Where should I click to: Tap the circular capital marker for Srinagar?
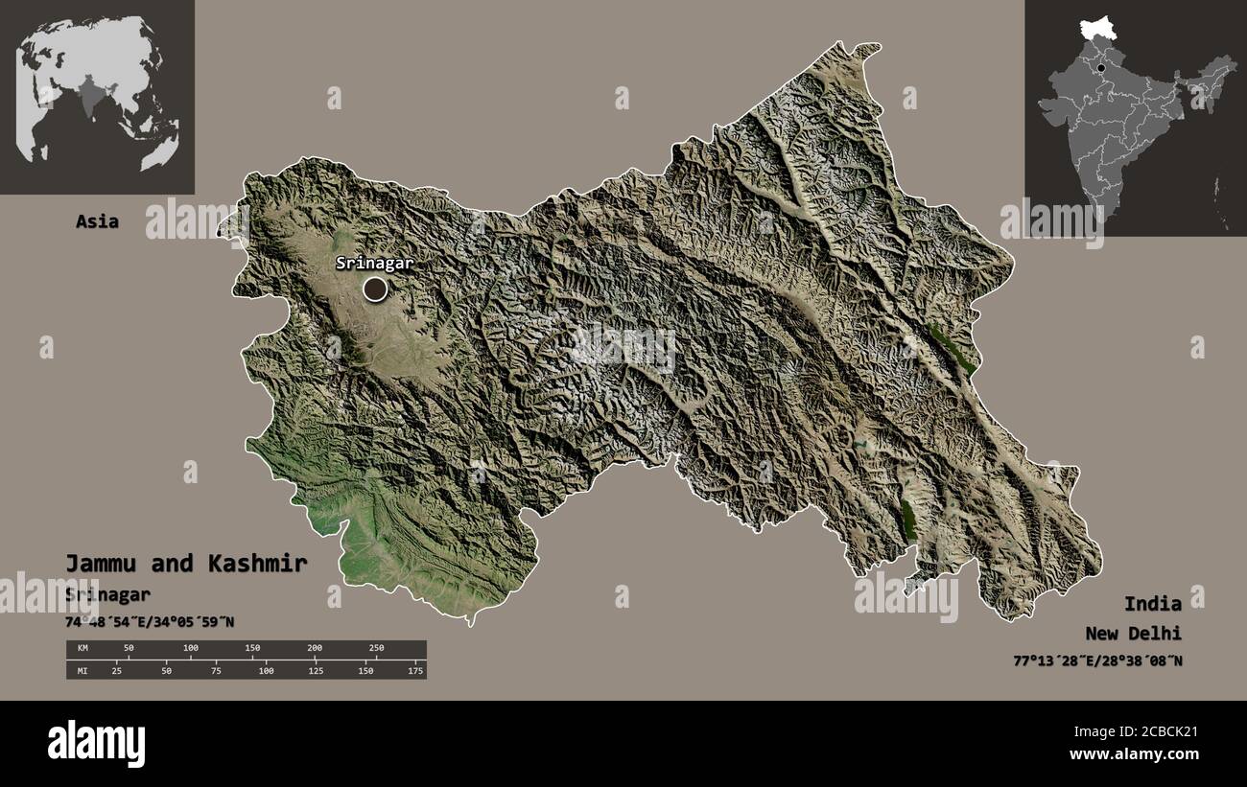374,288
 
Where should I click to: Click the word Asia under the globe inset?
98,221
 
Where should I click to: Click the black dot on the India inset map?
1102,68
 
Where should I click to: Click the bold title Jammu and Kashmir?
186,564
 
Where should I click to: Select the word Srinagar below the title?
107,594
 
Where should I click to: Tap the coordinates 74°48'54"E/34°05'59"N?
150,622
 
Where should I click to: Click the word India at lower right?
1153,603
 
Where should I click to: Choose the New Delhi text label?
1133,633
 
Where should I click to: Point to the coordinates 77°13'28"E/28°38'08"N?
1097,660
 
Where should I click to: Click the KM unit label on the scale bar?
82,649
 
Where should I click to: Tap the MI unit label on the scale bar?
82,670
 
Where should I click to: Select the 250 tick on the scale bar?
376,649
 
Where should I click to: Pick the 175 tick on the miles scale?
415,670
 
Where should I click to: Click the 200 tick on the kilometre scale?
314,649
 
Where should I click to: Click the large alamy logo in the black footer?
96,743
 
